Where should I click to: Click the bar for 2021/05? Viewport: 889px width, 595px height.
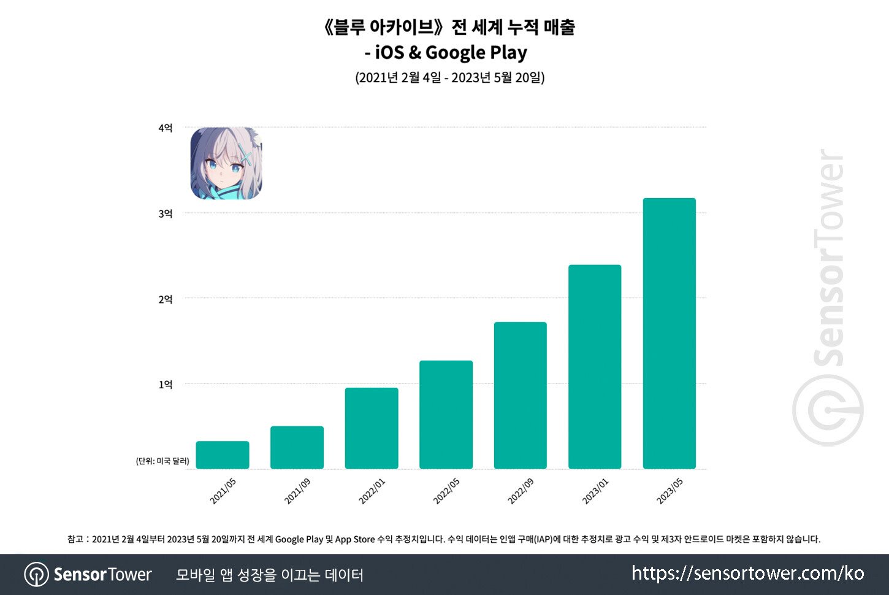[x=223, y=455]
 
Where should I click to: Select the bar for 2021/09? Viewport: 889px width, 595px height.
[x=297, y=448]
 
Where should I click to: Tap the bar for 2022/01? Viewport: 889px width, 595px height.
[x=372, y=428]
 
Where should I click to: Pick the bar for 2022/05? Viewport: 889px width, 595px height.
[x=446, y=415]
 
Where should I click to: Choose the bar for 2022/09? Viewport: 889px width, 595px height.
[x=520, y=396]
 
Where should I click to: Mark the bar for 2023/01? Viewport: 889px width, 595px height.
[x=595, y=367]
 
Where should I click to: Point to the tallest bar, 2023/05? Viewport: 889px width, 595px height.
[x=669, y=334]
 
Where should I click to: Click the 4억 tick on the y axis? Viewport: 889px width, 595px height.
[x=166, y=128]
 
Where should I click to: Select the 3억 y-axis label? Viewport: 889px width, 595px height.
[x=166, y=213]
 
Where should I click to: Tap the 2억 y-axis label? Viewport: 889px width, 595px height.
[x=166, y=299]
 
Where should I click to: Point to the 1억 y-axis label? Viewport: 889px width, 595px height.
[x=166, y=385]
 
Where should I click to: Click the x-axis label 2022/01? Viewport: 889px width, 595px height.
[x=372, y=491]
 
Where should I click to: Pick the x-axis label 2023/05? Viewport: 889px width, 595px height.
[x=670, y=491]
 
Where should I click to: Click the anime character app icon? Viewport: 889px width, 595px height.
[x=226, y=163]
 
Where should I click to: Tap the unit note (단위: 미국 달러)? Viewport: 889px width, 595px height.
[x=162, y=461]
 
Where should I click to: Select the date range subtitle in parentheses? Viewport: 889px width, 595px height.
[x=450, y=78]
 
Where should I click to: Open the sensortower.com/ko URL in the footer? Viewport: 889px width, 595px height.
[x=747, y=574]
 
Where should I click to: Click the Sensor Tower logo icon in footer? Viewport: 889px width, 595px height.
[x=36, y=575]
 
